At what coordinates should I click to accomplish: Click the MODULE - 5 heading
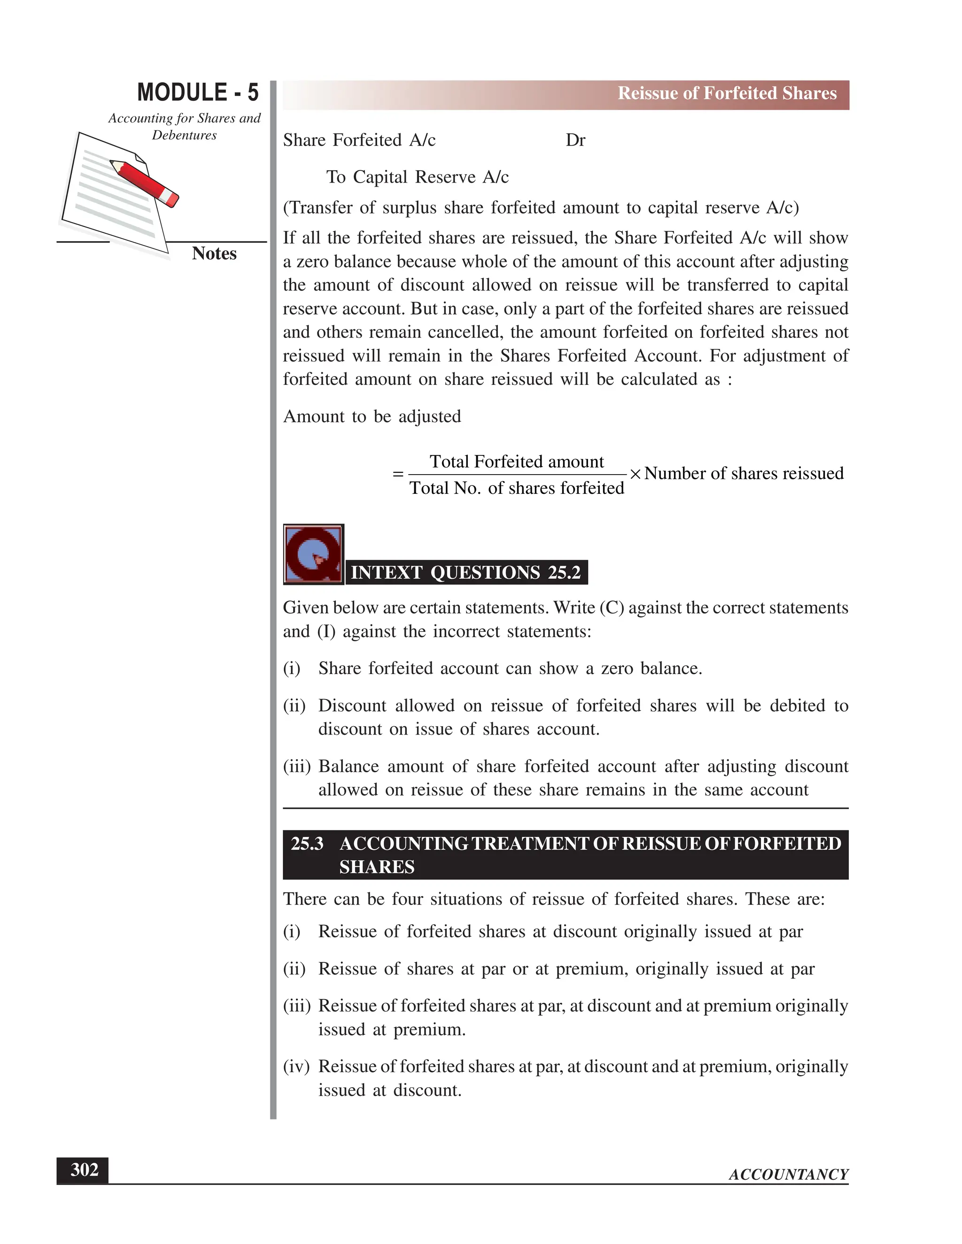[x=198, y=93]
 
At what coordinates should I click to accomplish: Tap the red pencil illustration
[x=145, y=183]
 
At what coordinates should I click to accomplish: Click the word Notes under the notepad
[x=214, y=253]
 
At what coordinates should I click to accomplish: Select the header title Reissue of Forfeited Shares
[x=727, y=93]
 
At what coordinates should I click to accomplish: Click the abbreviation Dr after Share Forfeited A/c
[x=575, y=140]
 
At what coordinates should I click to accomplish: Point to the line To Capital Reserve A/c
[x=417, y=177]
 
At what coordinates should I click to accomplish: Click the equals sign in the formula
[x=398, y=474]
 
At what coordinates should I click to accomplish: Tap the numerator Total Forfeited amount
[x=516, y=461]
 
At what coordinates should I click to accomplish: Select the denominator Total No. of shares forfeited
[x=516, y=488]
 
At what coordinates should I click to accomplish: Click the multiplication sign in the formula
[x=635, y=474]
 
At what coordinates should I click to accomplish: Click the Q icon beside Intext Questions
[x=313, y=554]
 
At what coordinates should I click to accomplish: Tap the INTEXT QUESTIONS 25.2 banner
[x=465, y=572]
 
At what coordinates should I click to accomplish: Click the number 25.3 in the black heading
[x=307, y=844]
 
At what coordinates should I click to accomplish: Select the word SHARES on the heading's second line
[x=377, y=867]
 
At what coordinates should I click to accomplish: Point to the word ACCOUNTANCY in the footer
[x=788, y=1175]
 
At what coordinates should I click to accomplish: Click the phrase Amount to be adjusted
[x=372, y=416]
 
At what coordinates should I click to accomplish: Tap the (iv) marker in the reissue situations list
[x=296, y=1066]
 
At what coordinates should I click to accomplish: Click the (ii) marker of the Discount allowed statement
[x=294, y=706]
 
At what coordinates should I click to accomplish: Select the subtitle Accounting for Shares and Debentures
[x=184, y=126]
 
